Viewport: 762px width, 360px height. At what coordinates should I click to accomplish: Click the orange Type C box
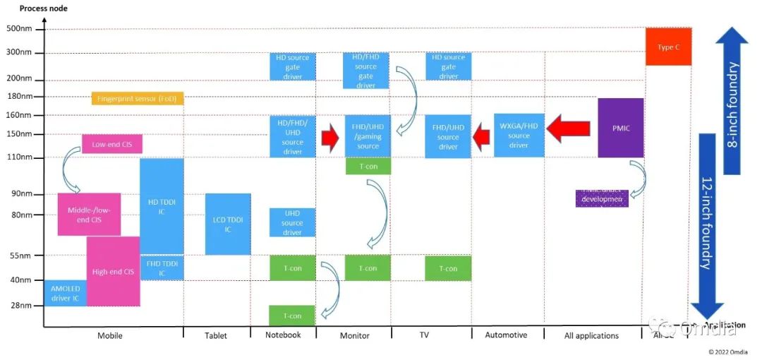point(668,47)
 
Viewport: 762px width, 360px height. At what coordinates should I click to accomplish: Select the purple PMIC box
point(620,128)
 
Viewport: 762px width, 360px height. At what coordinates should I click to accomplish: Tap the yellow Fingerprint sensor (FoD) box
point(138,98)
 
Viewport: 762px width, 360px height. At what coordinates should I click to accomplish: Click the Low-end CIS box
point(112,144)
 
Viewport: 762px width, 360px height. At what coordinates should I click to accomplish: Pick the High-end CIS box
point(113,271)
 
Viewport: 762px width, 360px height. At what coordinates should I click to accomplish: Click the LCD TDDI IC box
point(228,224)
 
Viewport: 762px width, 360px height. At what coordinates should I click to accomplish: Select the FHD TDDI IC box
point(162,268)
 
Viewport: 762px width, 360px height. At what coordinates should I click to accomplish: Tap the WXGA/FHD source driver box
point(519,136)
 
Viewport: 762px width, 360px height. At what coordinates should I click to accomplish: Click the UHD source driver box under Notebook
point(292,222)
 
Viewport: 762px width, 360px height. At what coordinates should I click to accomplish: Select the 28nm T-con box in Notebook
point(292,316)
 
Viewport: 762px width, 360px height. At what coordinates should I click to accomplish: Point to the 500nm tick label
point(18,29)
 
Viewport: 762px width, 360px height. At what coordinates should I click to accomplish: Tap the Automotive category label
point(506,335)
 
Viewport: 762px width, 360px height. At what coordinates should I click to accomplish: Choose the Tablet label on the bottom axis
point(216,336)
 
